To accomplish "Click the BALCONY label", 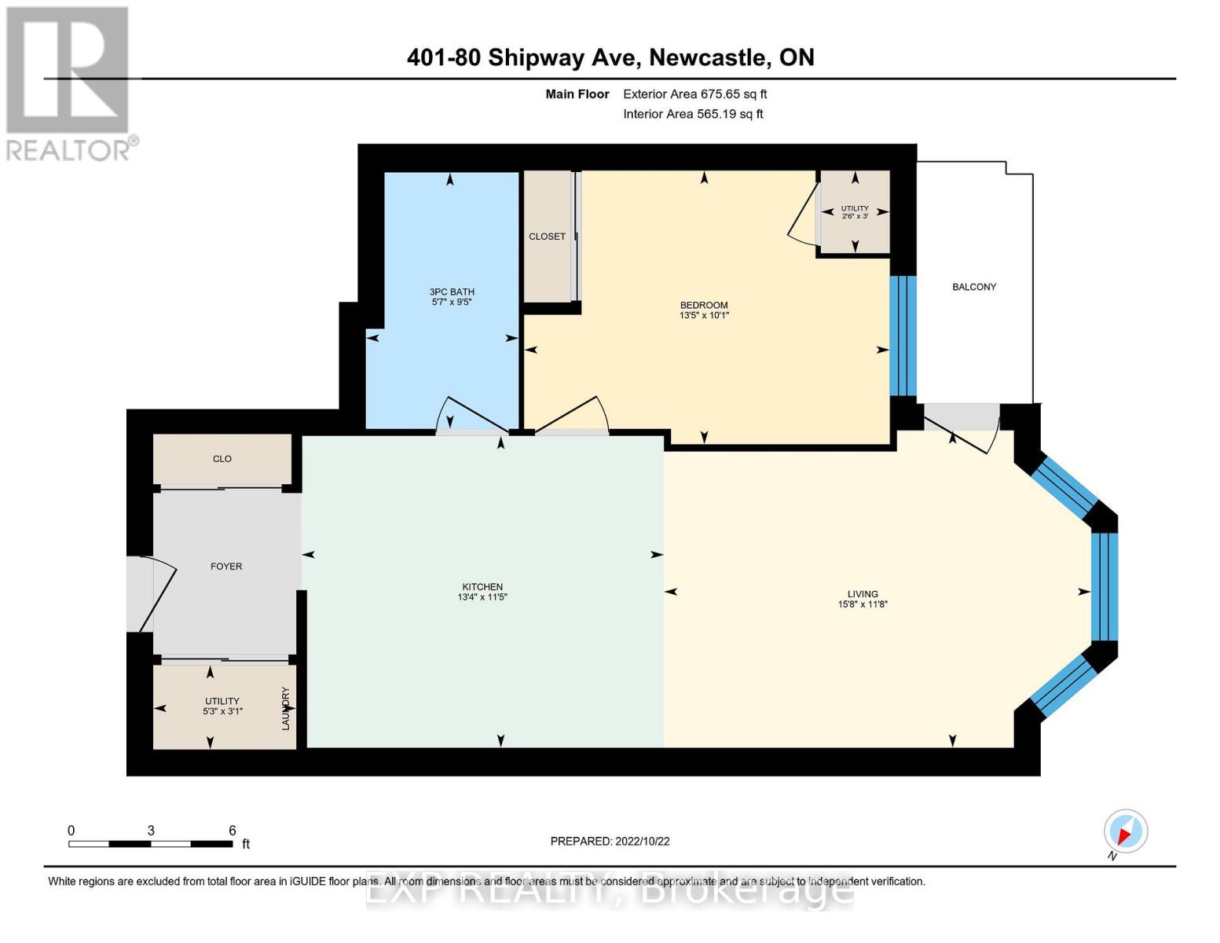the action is click(973, 287).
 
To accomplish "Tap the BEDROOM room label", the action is click(703, 305).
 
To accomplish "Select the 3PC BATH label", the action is click(452, 292).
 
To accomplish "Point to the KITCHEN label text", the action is click(482, 586).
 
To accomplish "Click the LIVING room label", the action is click(863, 593).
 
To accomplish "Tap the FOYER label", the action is click(226, 566).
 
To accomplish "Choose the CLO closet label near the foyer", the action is click(222, 458).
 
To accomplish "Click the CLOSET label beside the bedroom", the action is click(547, 237).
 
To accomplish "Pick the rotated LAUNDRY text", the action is click(286, 708).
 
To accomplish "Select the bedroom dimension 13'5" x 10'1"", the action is click(704, 315).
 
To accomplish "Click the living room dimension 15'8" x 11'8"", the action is click(863, 604).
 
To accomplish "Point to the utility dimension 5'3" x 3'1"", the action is click(222, 711).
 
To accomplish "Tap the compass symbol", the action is click(1125, 831).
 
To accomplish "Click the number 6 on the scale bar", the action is click(232, 830).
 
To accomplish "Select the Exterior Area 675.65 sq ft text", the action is click(694, 94).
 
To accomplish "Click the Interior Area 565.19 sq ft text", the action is click(693, 114).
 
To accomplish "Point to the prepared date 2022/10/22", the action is click(643, 841).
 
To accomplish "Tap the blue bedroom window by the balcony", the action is click(903, 336).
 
